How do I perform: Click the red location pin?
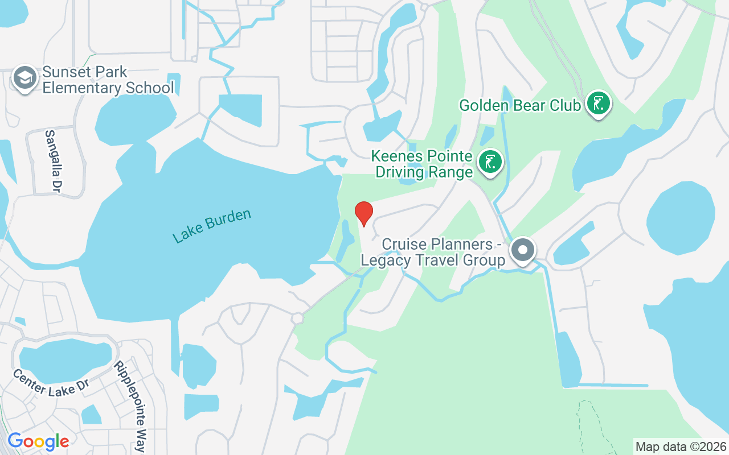pyautogui.click(x=364, y=213)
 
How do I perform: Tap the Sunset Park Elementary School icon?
pyautogui.click(x=25, y=78)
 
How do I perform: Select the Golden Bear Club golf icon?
pyautogui.click(x=598, y=104)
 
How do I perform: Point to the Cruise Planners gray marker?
pyautogui.click(x=522, y=250)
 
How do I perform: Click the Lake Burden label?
pyautogui.click(x=212, y=226)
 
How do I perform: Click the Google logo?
pyautogui.click(x=38, y=441)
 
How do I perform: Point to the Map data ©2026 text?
pyautogui.click(x=681, y=446)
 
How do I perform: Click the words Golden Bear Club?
pyautogui.click(x=520, y=105)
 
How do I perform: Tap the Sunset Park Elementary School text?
pyautogui.click(x=108, y=80)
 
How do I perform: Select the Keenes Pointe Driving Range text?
pyautogui.click(x=423, y=164)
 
